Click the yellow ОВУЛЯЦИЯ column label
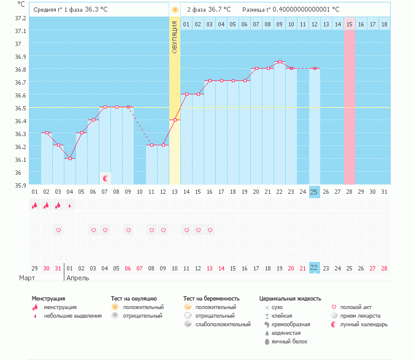pyautogui.click(x=175, y=37)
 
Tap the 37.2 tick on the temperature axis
pyautogui.click(x=20, y=18)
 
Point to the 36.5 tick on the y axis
pyautogui.click(x=20, y=108)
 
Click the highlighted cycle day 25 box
pyautogui.click(x=314, y=192)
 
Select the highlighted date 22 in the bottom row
pyautogui.click(x=314, y=268)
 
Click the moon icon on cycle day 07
pyautogui.click(x=105, y=178)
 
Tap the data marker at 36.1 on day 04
pyautogui.click(x=70, y=158)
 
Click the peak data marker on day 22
pyautogui.click(x=280, y=61)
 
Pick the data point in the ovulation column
pyautogui.click(x=175, y=120)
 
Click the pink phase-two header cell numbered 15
pyautogui.click(x=350, y=24)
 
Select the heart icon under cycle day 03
pyautogui.click(x=58, y=230)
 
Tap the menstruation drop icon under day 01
pyautogui.click(x=35, y=205)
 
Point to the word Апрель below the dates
pyautogui.click(x=77, y=278)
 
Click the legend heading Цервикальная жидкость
pyautogui.click(x=290, y=299)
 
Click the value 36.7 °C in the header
pyautogui.click(x=219, y=10)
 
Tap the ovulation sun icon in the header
pyautogui.click(x=175, y=10)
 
